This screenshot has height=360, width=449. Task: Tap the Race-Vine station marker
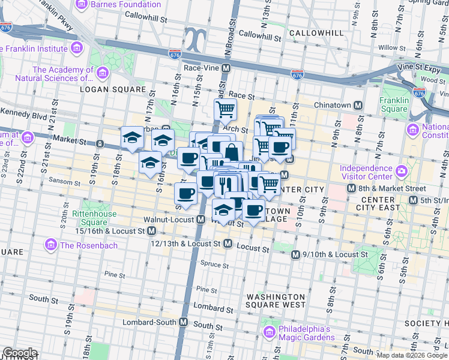coord(226,68)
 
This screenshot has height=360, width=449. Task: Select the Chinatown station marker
coord(358,105)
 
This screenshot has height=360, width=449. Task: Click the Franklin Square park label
coord(394,104)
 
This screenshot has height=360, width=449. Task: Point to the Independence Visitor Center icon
coord(401,173)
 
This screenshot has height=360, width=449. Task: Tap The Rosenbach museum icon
coord(51,245)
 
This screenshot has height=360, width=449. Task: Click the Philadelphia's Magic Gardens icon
coord(270,332)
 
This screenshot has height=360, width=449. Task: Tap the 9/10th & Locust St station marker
coord(295,255)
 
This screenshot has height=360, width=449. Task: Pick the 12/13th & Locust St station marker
coord(228,244)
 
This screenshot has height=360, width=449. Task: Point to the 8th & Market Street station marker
coord(352,188)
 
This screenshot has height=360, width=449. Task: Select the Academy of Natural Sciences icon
coord(102,73)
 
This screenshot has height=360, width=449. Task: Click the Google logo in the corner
coord(19,353)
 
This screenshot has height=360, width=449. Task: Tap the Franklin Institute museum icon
coord(76,48)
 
